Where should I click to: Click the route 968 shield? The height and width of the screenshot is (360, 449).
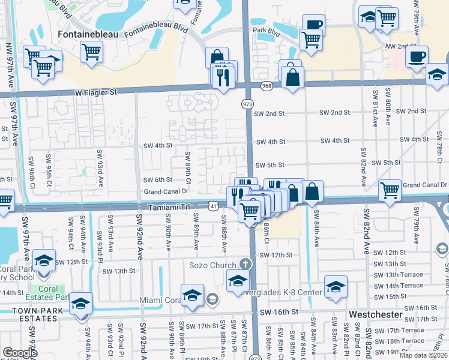(267, 87)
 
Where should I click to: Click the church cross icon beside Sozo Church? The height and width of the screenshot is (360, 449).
(245, 264)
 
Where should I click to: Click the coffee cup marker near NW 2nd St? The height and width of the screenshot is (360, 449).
(416, 57)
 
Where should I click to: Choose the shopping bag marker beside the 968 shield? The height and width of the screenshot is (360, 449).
(292, 78)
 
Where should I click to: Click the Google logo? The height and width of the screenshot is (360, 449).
(20, 353)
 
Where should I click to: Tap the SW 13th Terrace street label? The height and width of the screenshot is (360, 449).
(398, 275)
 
